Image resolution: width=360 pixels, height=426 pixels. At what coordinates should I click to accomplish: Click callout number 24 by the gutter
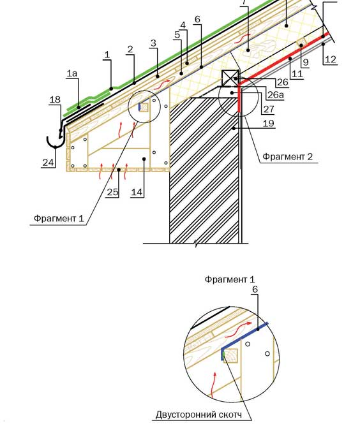click(x=48, y=163)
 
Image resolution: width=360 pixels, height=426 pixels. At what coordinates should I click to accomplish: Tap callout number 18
click(x=55, y=99)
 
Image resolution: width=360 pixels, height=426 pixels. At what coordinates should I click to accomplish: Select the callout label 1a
click(x=72, y=73)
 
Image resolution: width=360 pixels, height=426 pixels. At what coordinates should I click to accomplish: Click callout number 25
click(x=112, y=192)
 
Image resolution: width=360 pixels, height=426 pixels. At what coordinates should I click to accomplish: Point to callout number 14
click(x=137, y=192)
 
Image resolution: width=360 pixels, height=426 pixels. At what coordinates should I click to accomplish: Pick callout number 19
click(x=268, y=123)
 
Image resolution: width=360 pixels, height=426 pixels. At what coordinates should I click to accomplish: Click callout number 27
click(x=269, y=108)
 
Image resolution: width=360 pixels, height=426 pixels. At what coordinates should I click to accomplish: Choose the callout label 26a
click(x=276, y=94)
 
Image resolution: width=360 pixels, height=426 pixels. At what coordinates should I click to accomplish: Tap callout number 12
click(x=330, y=59)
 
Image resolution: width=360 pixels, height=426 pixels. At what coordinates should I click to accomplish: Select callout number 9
click(x=306, y=62)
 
